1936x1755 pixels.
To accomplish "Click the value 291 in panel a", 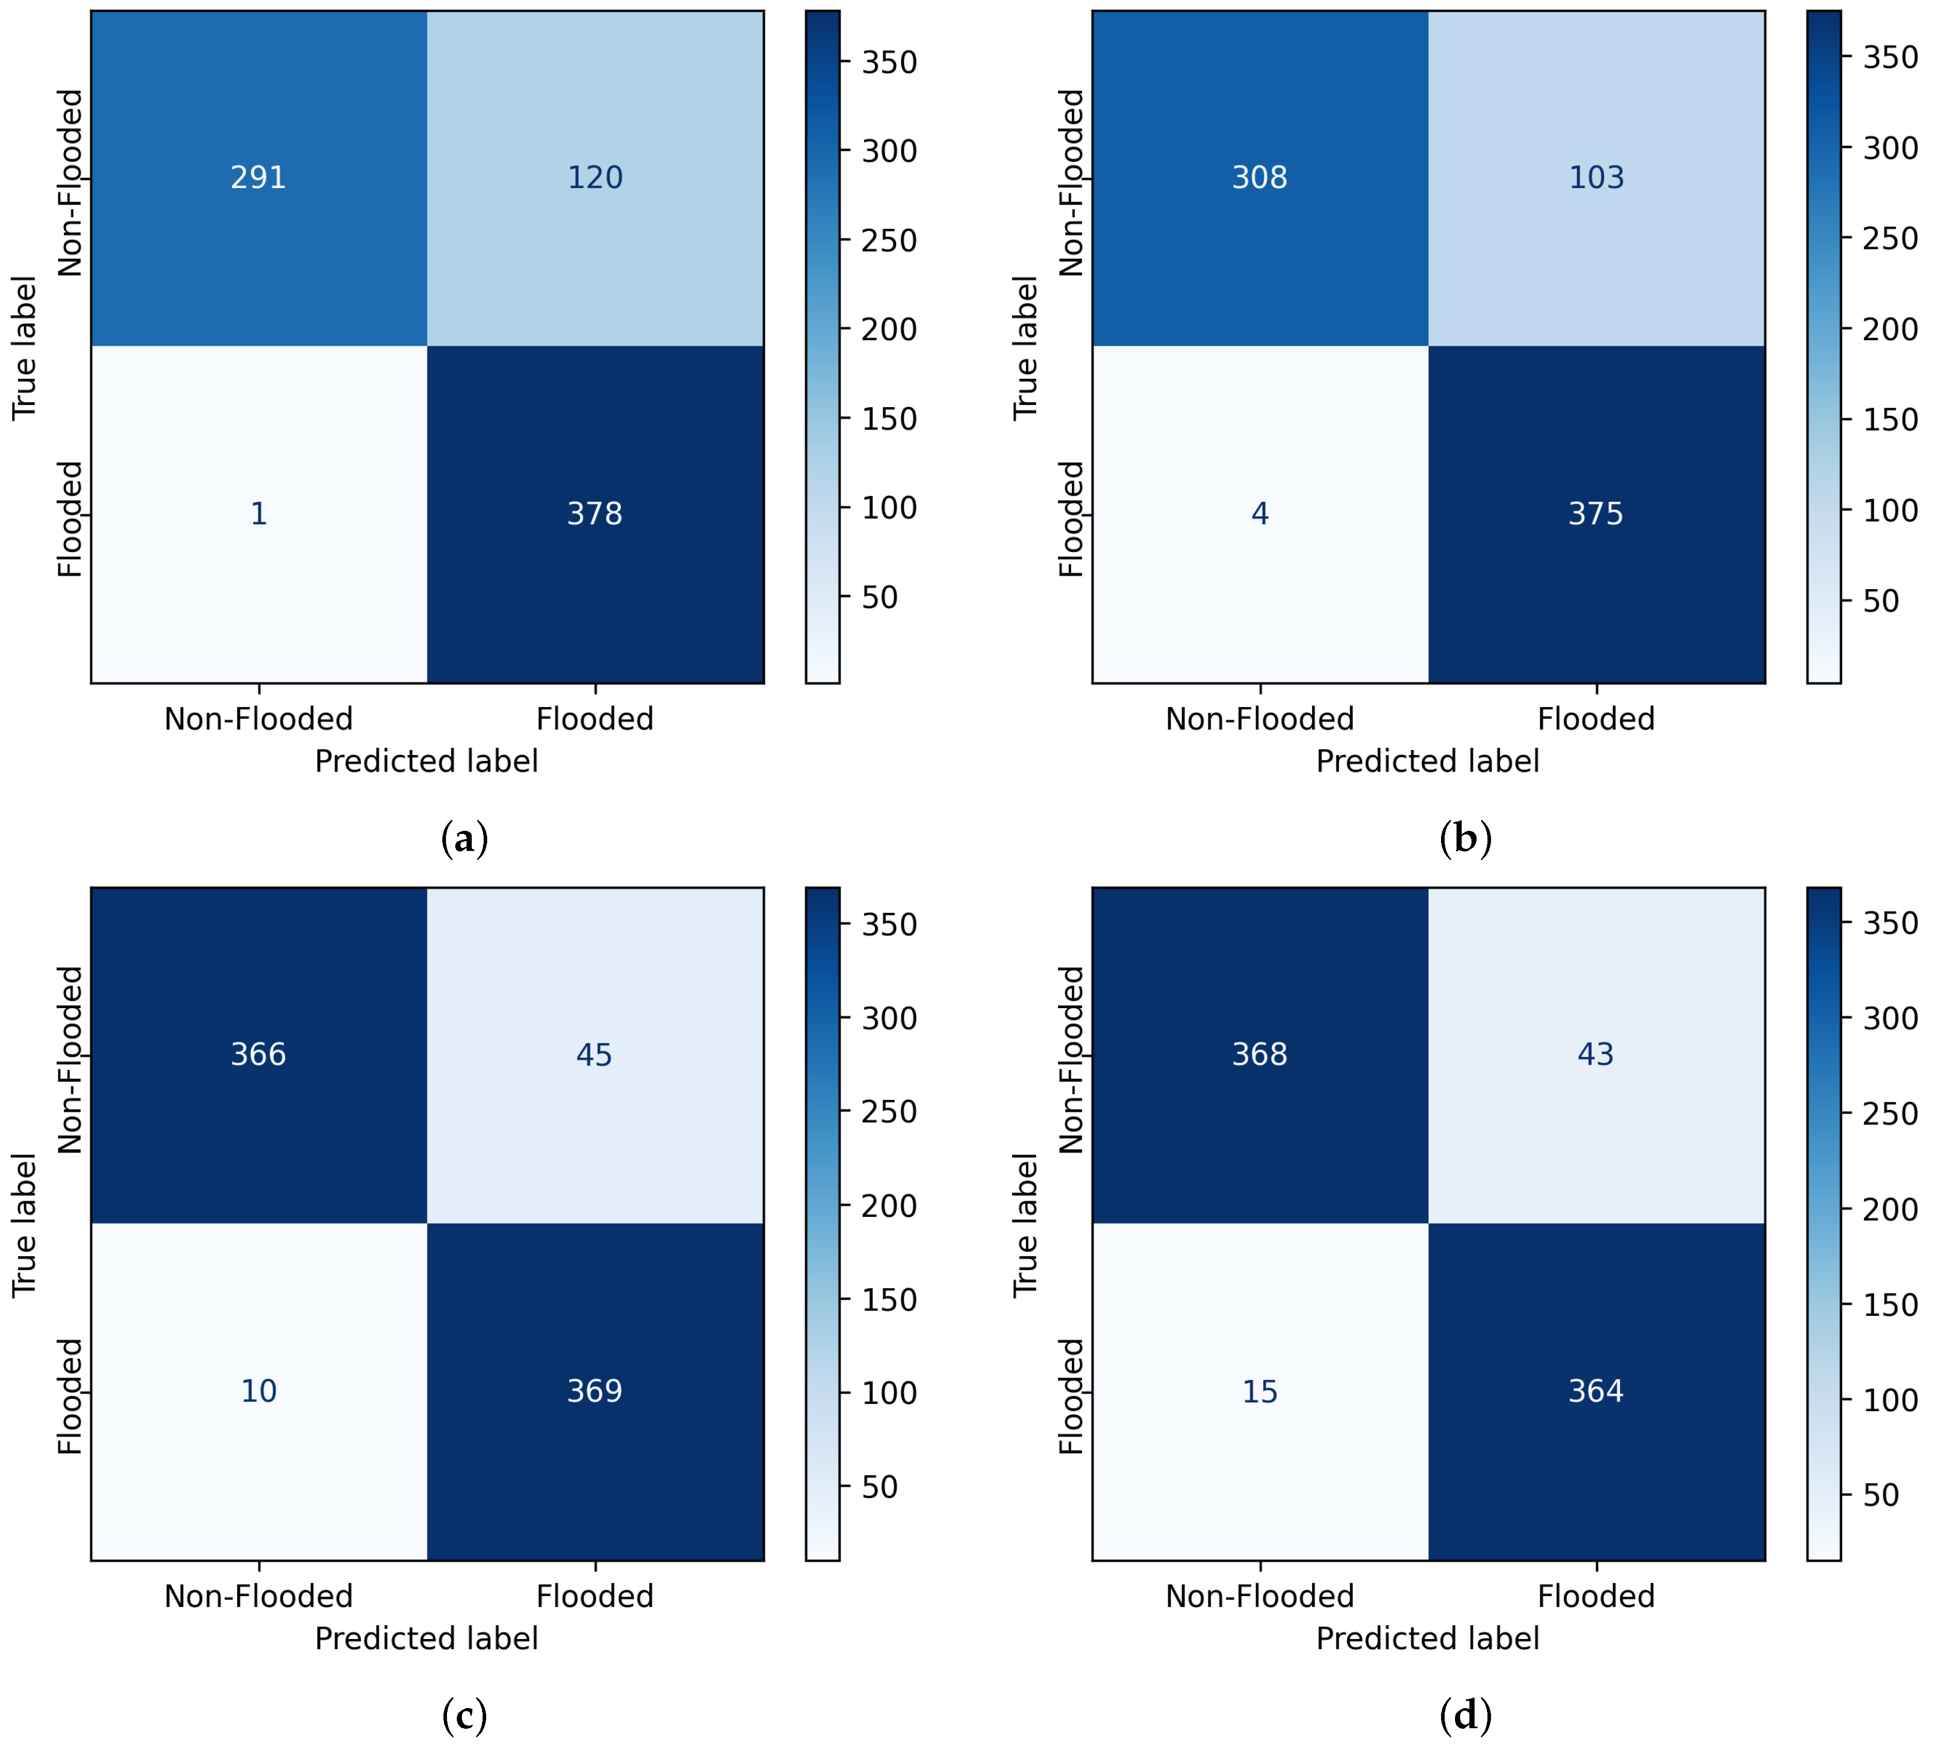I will pyautogui.click(x=258, y=178).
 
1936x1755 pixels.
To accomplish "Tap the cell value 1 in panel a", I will pyautogui.click(x=258, y=514).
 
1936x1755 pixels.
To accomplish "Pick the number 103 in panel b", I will pyautogui.click(x=1596, y=178).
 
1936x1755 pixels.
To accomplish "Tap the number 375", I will pyautogui.click(x=1596, y=514).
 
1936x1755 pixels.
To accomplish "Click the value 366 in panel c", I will pyautogui.click(x=258, y=1055).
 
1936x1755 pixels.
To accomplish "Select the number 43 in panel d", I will pyautogui.click(x=1596, y=1055).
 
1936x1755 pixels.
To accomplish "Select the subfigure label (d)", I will pyautogui.click(x=1465, y=1716).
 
